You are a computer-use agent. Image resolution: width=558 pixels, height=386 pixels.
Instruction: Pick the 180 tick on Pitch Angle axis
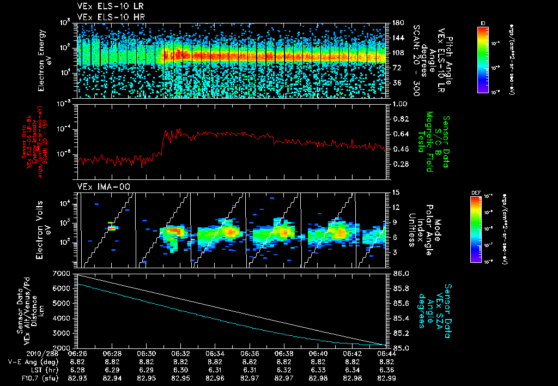[397, 23]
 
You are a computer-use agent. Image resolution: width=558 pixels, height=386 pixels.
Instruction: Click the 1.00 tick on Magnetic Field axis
[401, 104]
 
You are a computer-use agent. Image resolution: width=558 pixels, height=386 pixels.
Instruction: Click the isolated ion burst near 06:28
[112, 228]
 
